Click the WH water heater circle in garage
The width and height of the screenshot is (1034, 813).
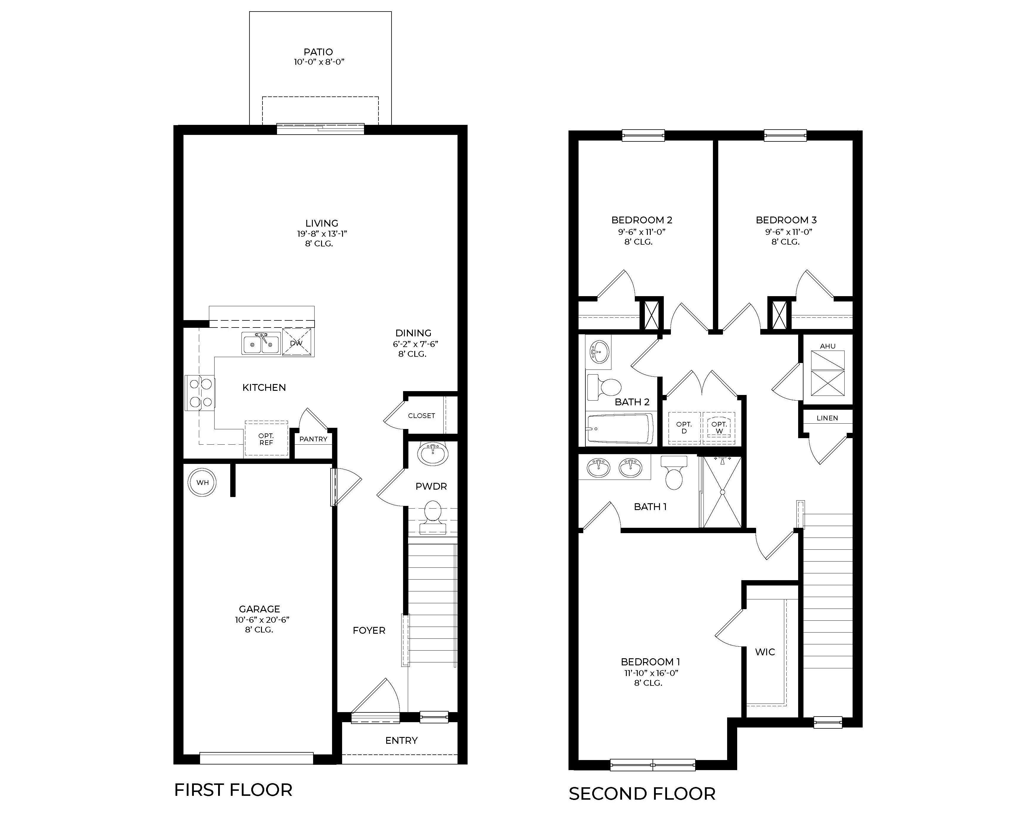(x=202, y=483)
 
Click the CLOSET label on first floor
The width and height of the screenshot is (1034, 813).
(x=421, y=416)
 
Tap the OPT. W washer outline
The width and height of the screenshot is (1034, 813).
(x=719, y=428)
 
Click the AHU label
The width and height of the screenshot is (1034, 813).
(x=827, y=346)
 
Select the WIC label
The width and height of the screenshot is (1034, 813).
(x=765, y=652)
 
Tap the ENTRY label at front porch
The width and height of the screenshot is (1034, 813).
(x=401, y=740)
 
